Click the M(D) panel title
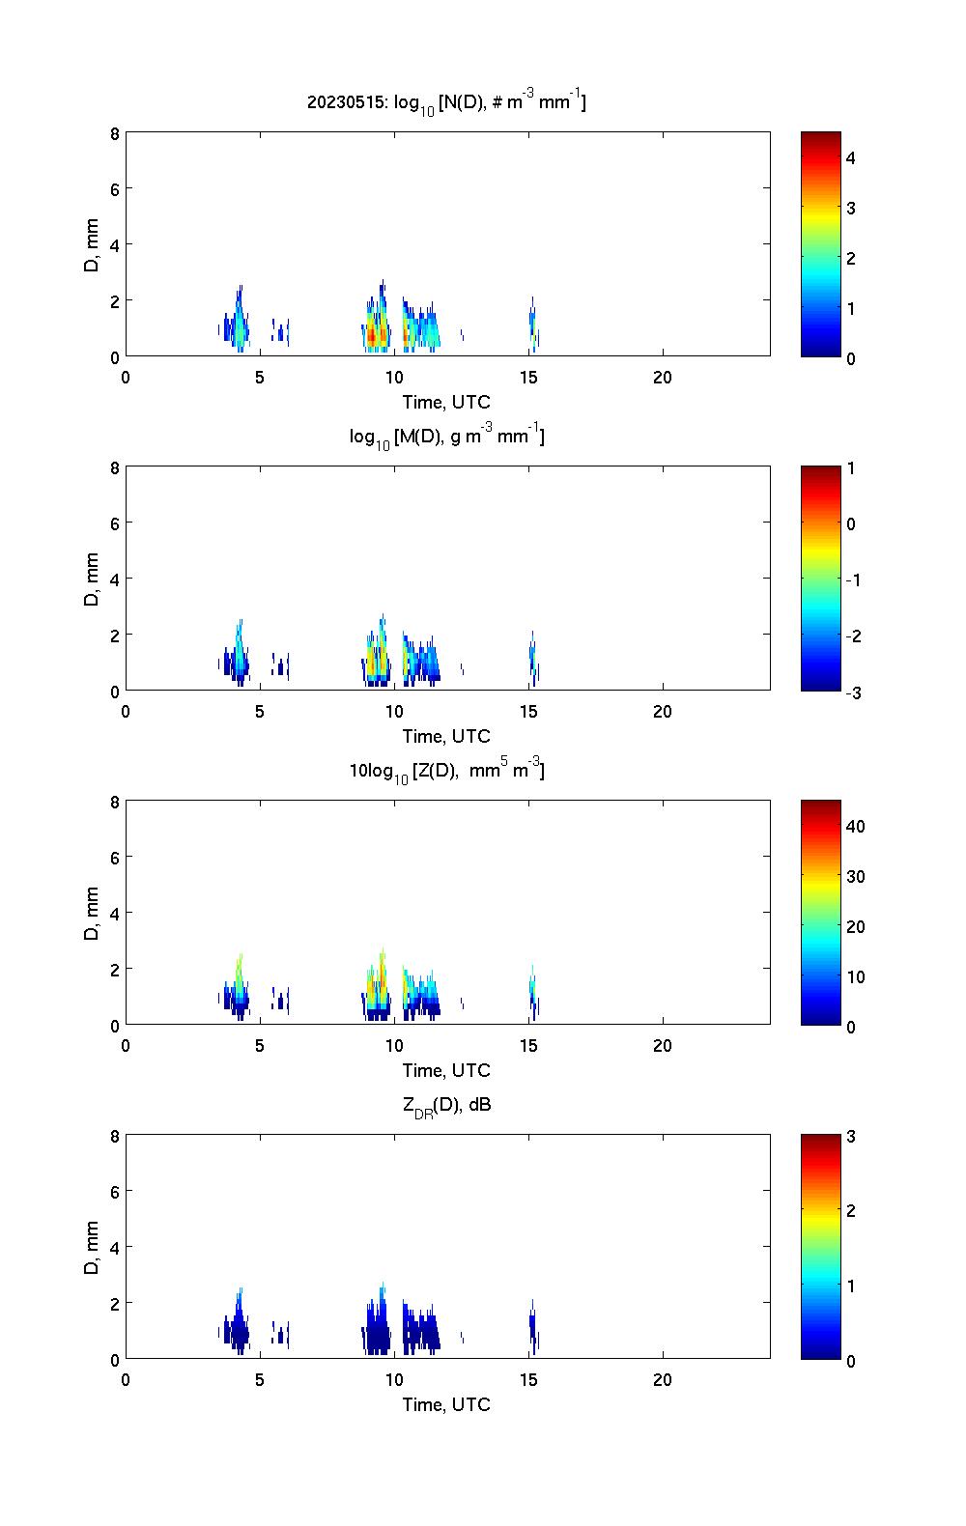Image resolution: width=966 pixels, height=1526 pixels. pyautogui.click(x=446, y=437)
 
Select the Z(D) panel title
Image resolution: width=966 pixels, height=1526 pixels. pyautogui.click(x=446, y=771)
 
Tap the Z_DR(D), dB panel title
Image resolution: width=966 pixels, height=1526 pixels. pyautogui.click(x=446, y=1105)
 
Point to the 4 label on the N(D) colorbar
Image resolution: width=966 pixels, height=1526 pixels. pyautogui.click(x=851, y=157)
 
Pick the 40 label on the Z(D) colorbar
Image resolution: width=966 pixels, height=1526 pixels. pyautogui.click(x=855, y=827)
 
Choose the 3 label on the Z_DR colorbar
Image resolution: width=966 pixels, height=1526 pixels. pyautogui.click(x=851, y=1137)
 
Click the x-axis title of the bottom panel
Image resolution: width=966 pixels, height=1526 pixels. pyautogui.click(x=446, y=1404)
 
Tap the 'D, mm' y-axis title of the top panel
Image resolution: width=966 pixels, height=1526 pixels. pyautogui.click(x=93, y=245)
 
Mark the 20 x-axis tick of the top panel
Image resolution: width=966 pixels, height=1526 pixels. pyautogui.click(x=663, y=378)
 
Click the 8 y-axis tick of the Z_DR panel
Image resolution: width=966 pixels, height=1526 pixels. pyautogui.click(x=115, y=1137)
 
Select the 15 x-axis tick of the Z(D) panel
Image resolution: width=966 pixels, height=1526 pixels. pyautogui.click(x=528, y=1046)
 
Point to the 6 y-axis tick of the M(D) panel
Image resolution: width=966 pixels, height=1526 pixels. pyautogui.click(x=115, y=523)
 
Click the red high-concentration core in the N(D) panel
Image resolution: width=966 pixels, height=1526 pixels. pyautogui.click(x=372, y=335)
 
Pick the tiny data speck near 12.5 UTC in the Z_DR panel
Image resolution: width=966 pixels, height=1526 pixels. pyautogui.click(x=462, y=1338)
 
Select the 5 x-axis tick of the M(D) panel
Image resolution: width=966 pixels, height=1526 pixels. pyautogui.click(x=260, y=712)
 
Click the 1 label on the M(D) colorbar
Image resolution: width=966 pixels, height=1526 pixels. pyautogui.click(x=851, y=468)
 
